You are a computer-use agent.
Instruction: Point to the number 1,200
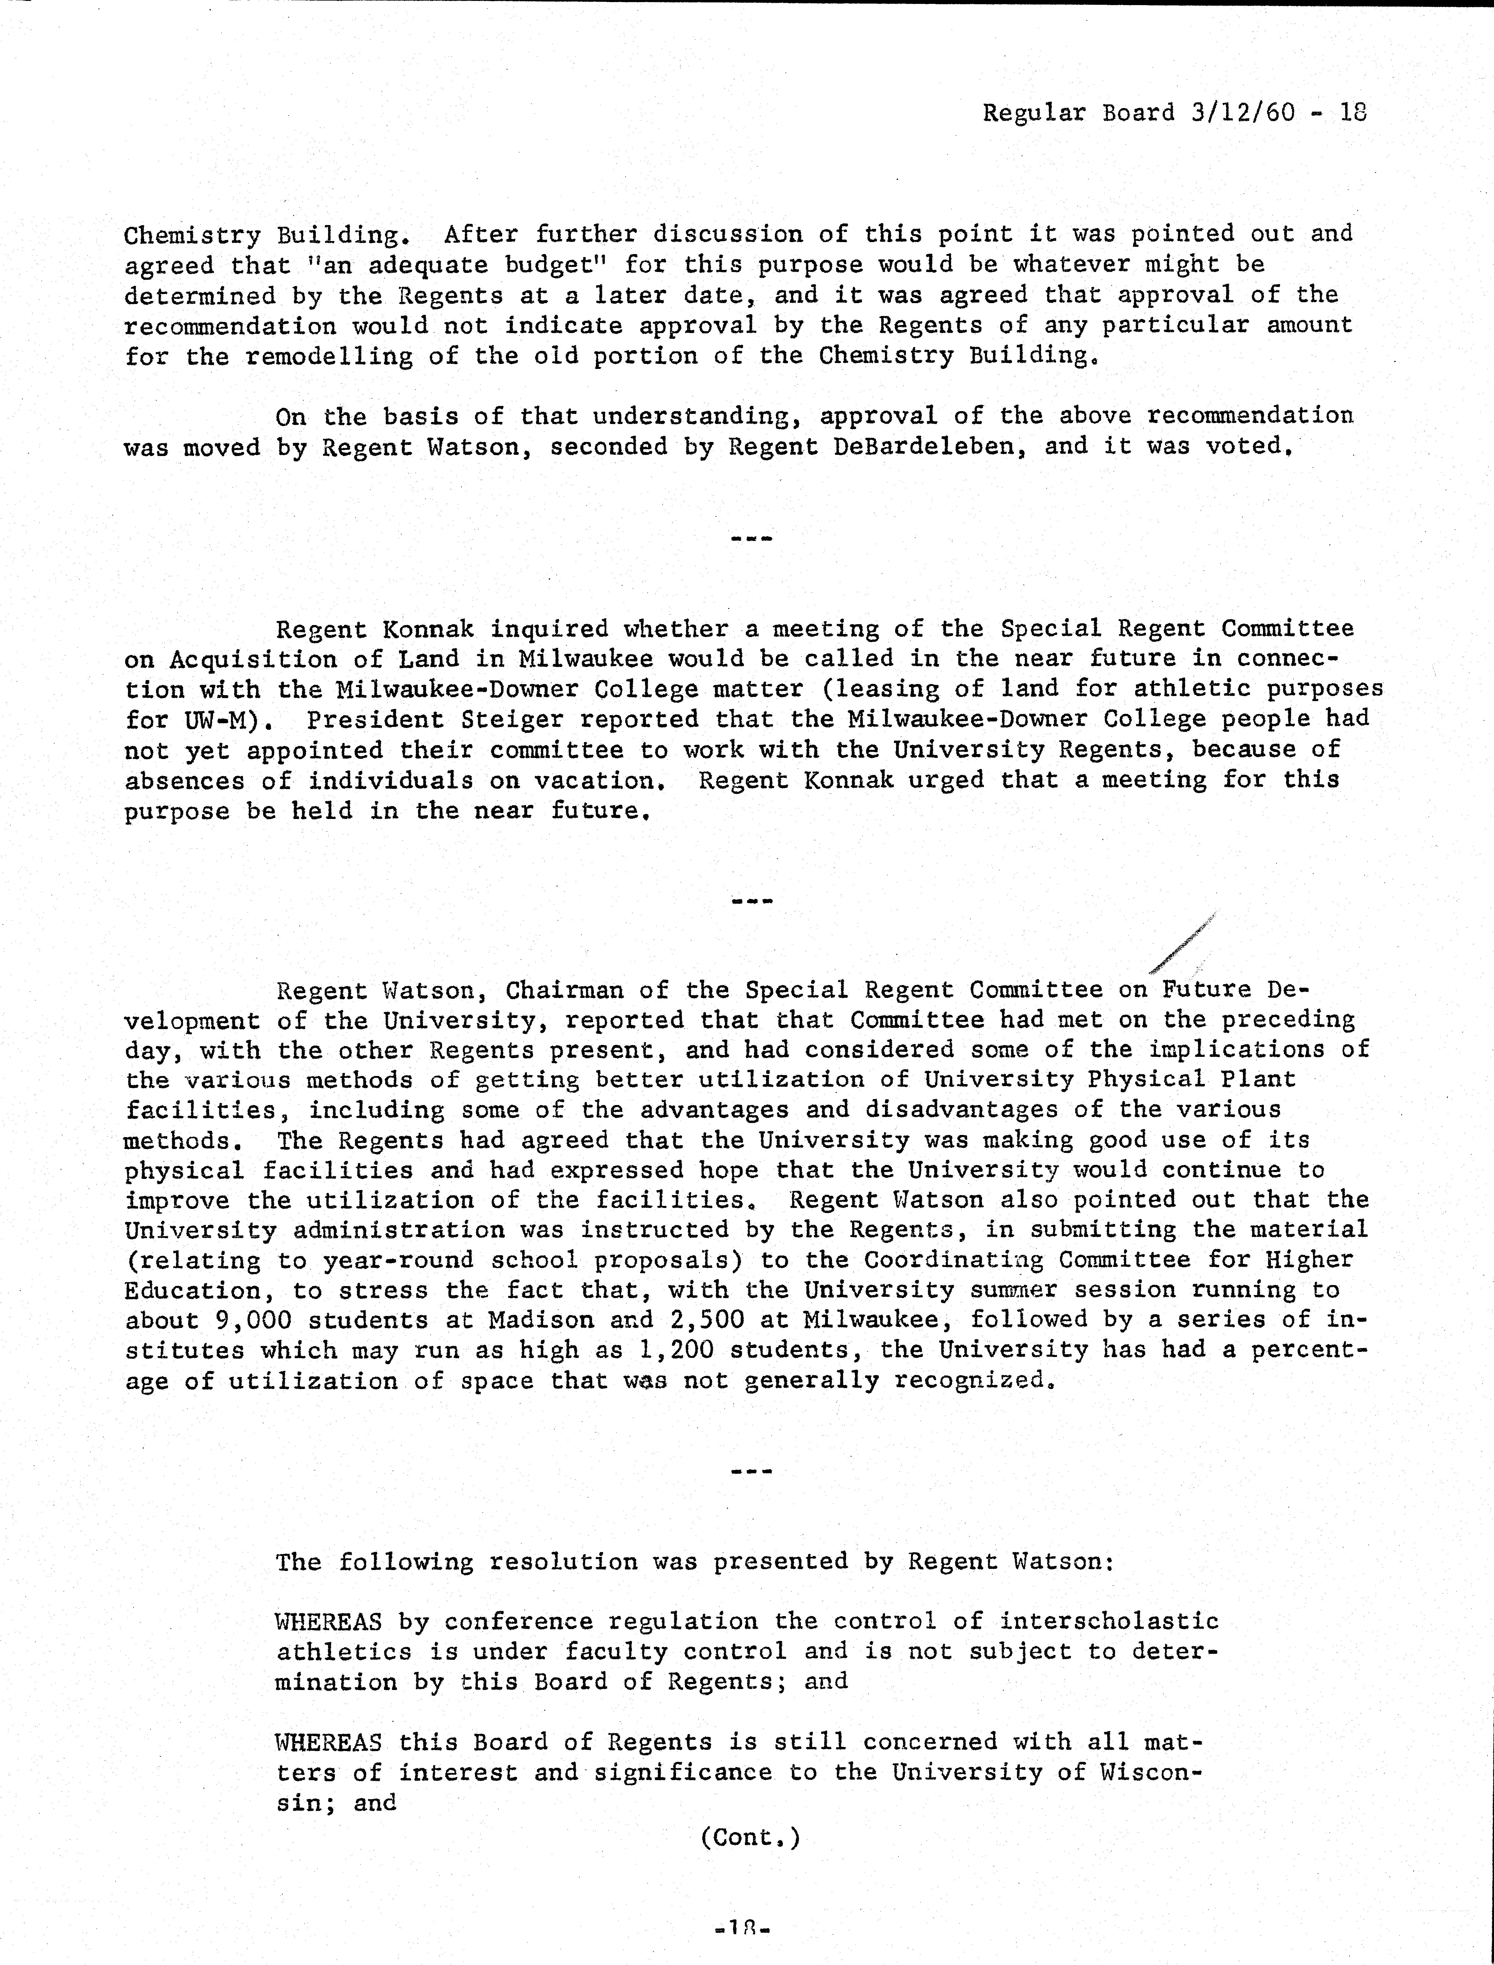pyautogui.click(x=676, y=1351)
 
